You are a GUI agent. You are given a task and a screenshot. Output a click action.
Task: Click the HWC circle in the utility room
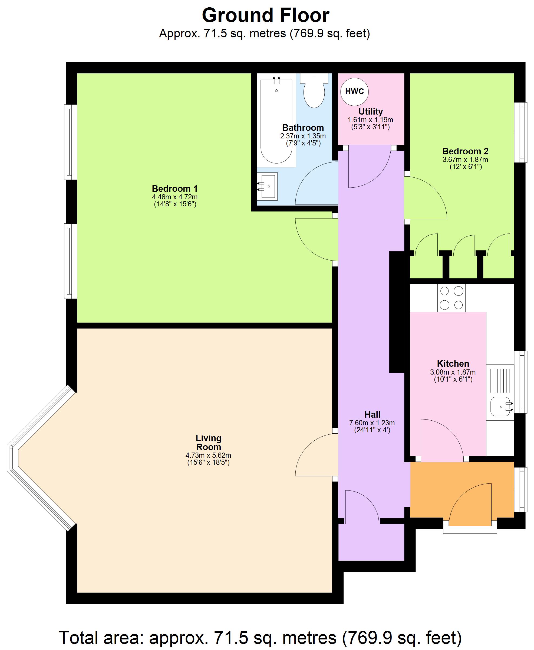point(354,92)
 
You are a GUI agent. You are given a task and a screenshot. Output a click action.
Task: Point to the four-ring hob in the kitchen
point(451,298)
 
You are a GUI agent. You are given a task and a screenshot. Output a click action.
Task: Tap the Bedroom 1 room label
point(174,188)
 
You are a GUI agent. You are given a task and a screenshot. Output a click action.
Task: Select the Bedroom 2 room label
point(465,151)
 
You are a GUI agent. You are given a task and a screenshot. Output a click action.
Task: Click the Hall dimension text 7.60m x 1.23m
point(372,423)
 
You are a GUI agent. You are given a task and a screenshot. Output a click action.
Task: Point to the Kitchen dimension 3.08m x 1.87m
point(453,372)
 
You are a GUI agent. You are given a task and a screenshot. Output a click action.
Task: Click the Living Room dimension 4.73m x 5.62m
point(208,455)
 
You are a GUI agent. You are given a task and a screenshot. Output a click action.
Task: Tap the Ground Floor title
point(266,15)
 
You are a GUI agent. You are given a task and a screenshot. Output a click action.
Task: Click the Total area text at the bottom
point(260,637)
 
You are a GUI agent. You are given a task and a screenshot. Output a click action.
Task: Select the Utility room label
point(370,112)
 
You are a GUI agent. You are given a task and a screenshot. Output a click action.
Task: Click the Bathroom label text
point(303,128)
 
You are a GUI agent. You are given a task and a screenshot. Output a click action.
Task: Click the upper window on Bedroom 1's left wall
point(70,142)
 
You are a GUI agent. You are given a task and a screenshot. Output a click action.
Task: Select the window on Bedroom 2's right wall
point(521,132)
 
